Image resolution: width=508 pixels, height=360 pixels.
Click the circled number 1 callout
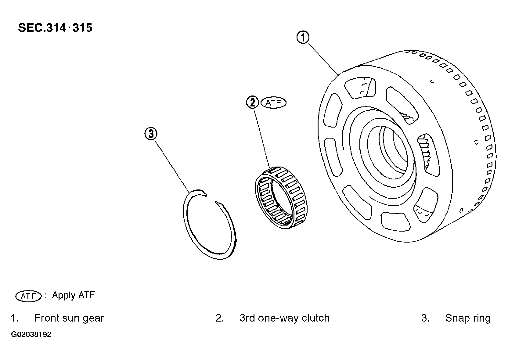coord(303,38)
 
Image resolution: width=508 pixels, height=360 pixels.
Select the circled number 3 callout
coord(151,134)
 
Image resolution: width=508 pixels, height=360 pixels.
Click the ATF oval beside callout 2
coord(273,103)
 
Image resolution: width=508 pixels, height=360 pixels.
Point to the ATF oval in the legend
coord(29,296)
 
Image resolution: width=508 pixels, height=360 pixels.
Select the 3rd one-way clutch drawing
coord(281,197)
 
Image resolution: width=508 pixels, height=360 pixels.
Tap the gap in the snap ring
coord(211,198)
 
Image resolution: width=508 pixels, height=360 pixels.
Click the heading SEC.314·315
coord(55,28)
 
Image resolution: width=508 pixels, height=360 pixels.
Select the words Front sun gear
coord(69,318)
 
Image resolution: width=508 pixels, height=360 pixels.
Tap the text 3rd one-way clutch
coord(285,318)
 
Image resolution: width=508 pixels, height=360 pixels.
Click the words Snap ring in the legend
coord(468,318)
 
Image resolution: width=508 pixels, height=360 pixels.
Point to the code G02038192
coord(31,334)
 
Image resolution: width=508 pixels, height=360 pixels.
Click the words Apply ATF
coord(74,295)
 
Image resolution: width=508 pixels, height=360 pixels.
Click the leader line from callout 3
coord(173,167)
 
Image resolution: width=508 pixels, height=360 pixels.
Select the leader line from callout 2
coord(262,139)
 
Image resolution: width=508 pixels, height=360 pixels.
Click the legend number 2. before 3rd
coord(220,318)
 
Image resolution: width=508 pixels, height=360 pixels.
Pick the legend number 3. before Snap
coord(425,318)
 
